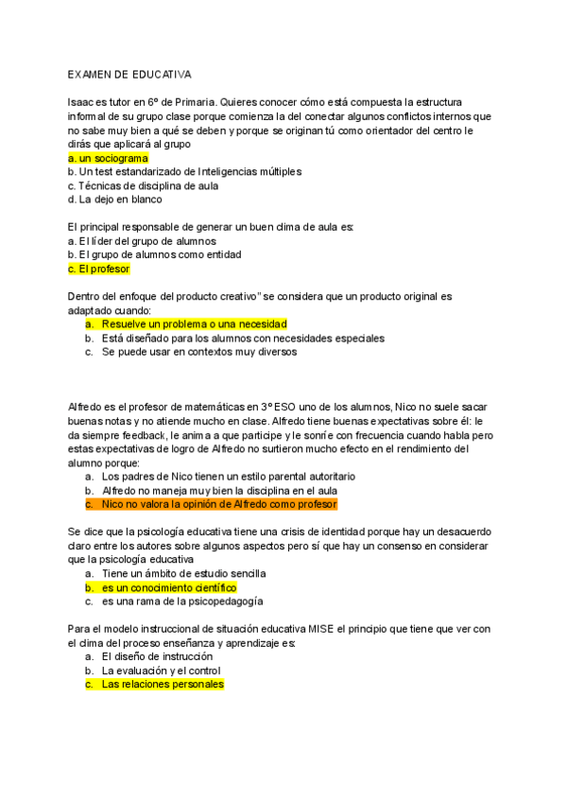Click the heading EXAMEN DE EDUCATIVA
click(x=129, y=73)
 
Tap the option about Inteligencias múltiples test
click(x=184, y=171)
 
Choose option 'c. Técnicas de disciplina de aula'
click(x=144, y=185)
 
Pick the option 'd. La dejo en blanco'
click(x=114, y=200)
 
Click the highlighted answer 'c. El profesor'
click(x=98, y=269)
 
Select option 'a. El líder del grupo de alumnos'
click(x=143, y=241)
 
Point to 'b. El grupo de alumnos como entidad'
click(x=154, y=254)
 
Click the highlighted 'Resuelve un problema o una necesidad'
click(x=194, y=324)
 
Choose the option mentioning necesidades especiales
click(x=243, y=338)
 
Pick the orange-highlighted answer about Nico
click(x=219, y=504)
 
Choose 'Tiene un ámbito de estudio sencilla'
click(x=183, y=573)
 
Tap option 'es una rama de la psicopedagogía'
click(x=182, y=601)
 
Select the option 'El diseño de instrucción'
click(x=157, y=656)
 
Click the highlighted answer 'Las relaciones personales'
click(x=163, y=684)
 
